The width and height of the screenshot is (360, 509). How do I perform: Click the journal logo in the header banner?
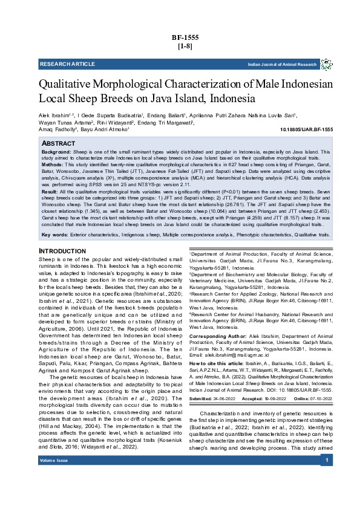coord(326,64)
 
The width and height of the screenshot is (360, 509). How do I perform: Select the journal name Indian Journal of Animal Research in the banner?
coord(282,64)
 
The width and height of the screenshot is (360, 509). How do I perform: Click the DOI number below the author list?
coord(307,129)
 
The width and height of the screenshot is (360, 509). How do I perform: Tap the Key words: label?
coord(54,234)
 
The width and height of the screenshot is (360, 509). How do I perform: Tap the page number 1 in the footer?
coord(326,495)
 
